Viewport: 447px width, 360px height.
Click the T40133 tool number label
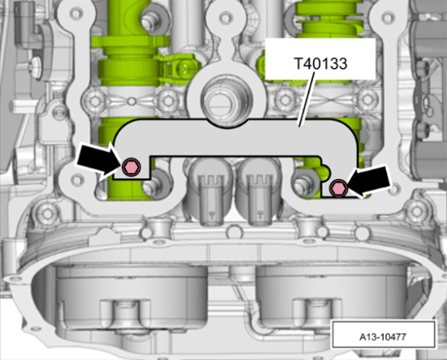(x=320, y=63)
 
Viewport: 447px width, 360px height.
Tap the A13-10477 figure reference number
(x=383, y=337)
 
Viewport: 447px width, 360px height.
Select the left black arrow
(x=98, y=161)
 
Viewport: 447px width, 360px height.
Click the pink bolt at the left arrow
(x=131, y=167)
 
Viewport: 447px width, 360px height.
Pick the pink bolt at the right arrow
(x=338, y=189)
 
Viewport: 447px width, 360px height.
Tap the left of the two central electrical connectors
(x=210, y=191)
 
